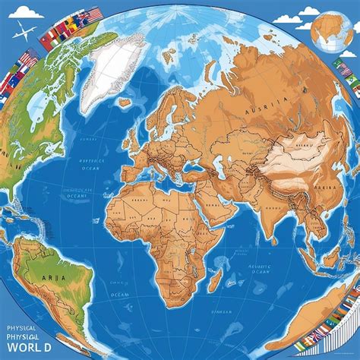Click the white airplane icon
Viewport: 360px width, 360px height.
click(26, 33)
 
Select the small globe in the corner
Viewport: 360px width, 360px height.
click(333, 31)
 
